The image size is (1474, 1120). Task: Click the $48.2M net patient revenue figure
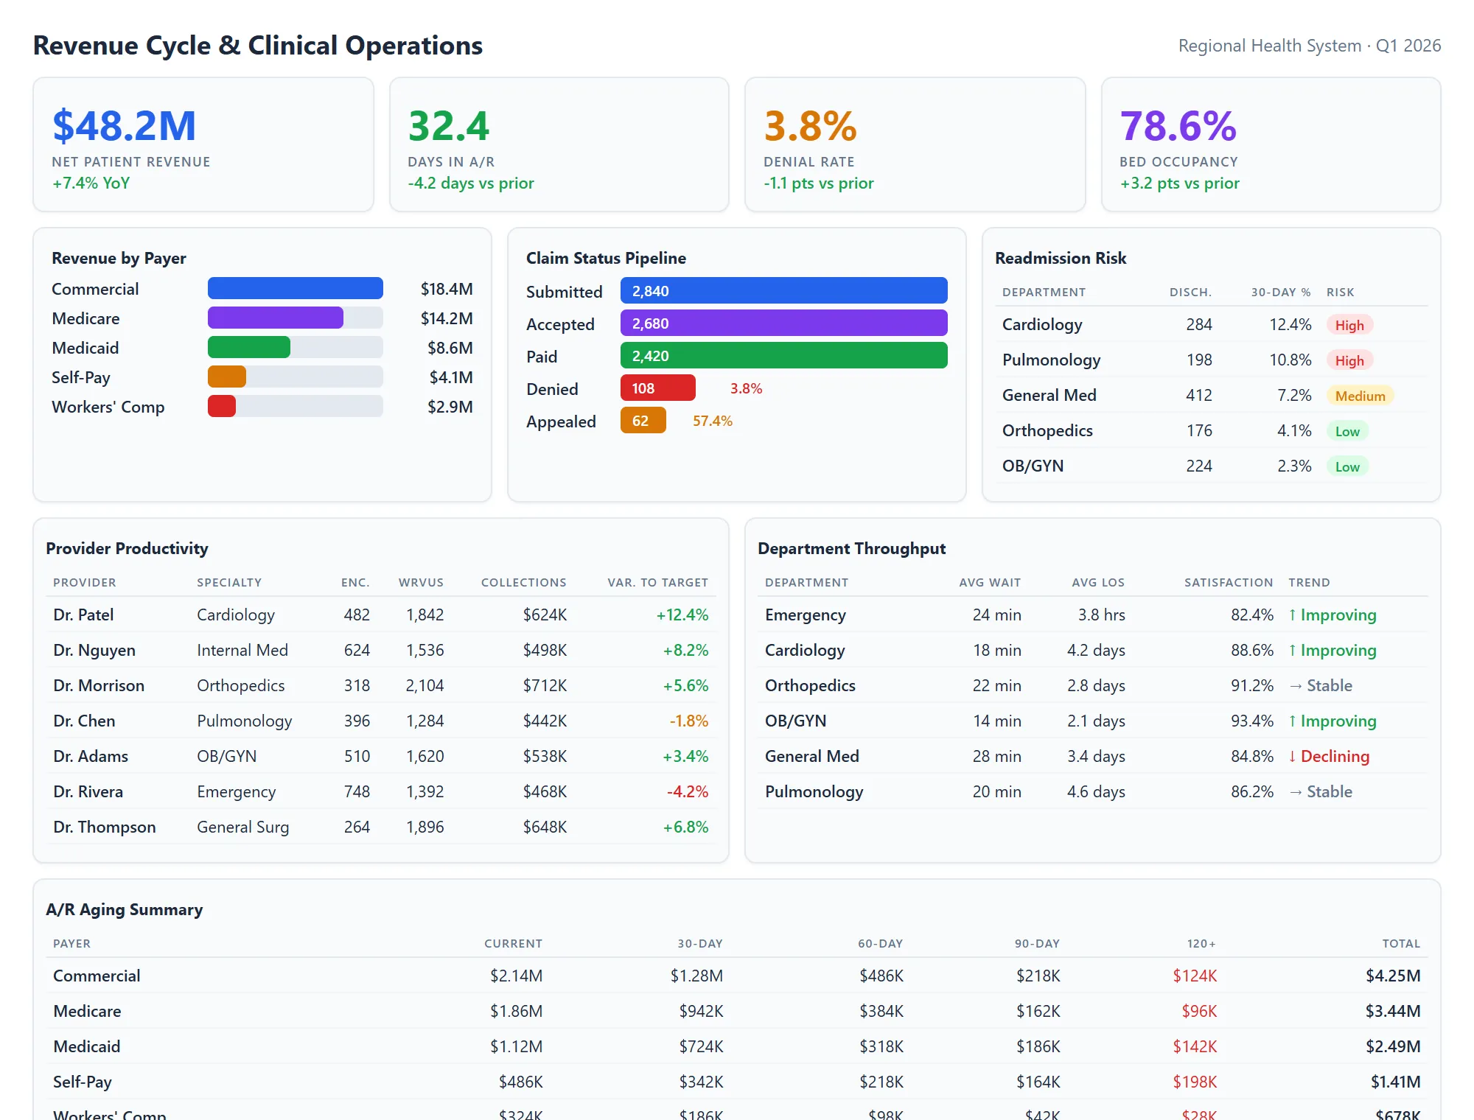(x=124, y=126)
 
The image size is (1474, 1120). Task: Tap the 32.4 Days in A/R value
(x=448, y=126)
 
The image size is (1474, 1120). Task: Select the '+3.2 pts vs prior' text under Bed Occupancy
(x=1179, y=183)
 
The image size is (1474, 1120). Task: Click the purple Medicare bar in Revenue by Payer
(x=275, y=318)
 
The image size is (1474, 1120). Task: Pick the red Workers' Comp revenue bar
(x=221, y=406)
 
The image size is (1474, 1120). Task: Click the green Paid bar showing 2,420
(x=783, y=356)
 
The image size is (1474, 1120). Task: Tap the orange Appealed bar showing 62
(x=643, y=421)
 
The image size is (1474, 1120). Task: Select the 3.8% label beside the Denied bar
(x=746, y=388)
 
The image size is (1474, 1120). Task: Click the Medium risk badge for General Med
(x=1360, y=396)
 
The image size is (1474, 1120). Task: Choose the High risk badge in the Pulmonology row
(x=1349, y=360)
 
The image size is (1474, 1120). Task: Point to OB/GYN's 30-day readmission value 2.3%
(x=1293, y=466)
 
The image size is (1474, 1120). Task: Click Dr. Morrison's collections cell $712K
(x=545, y=685)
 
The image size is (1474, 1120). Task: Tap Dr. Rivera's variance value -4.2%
(x=687, y=791)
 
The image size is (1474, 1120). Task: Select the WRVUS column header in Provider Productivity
(x=421, y=582)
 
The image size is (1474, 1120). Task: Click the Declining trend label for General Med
(x=1334, y=756)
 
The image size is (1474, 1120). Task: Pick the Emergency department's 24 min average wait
(x=996, y=615)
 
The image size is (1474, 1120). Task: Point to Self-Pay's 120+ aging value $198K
(x=1195, y=1082)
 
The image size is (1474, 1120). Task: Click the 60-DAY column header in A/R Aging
(x=880, y=943)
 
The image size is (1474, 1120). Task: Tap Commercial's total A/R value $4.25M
(x=1392, y=976)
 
